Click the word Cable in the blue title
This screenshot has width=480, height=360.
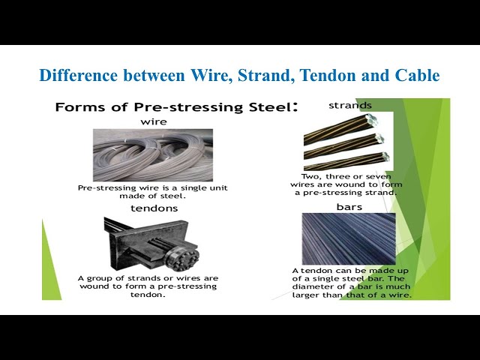pyautogui.click(x=417, y=76)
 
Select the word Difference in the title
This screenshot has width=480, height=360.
pyautogui.click(x=74, y=76)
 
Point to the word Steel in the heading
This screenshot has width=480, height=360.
pyautogui.click(x=267, y=107)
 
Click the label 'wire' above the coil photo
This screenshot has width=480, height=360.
pyautogui.click(x=153, y=121)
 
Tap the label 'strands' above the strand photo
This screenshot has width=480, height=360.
pyautogui.click(x=349, y=106)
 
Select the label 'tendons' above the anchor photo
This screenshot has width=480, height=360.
pyautogui.click(x=154, y=208)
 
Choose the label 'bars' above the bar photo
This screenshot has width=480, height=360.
pyautogui.click(x=349, y=206)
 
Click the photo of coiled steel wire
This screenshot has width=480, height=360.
pyautogui.click(x=153, y=154)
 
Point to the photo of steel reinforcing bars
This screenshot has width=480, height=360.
pyautogui.click(x=348, y=238)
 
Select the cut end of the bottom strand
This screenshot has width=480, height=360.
pyautogui.click(x=384, y=157)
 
